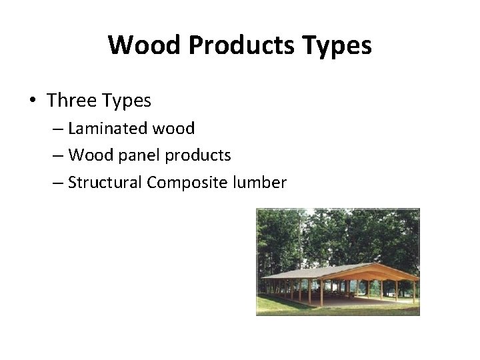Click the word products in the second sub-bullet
[x=198, y=156]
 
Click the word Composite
[x=187, y=183]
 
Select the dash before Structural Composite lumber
[x=57, y=183]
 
